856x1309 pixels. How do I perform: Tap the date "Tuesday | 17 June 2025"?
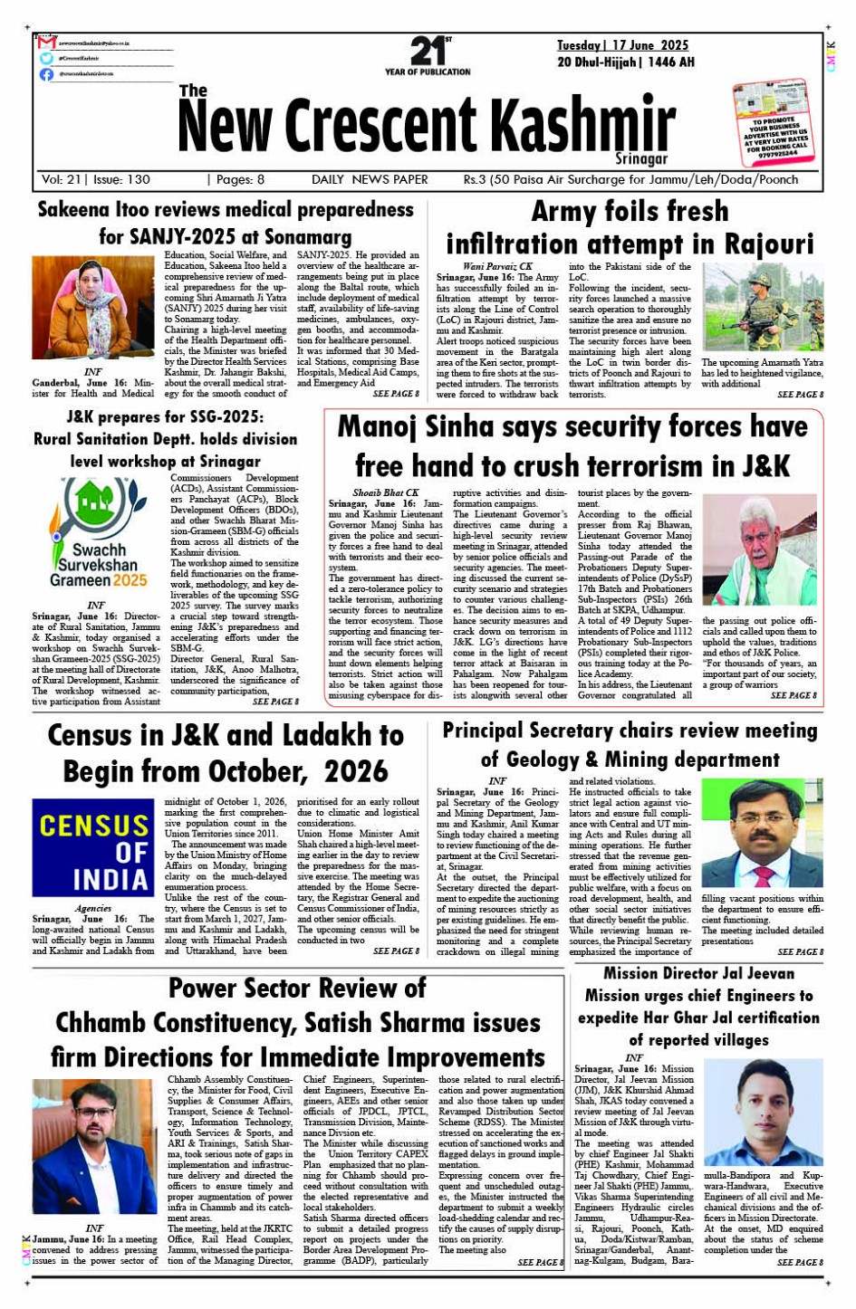[622, 45]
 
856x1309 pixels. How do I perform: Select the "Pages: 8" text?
[236, 179]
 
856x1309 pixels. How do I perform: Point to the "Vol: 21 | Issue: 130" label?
[96, 179]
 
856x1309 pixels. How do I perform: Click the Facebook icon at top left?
[46, 73]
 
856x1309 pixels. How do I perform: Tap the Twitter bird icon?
[46, 58]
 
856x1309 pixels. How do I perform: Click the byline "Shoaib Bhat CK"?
[386, 492]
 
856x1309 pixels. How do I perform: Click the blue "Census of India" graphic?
[93, 846]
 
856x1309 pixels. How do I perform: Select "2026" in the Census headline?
[356, 771]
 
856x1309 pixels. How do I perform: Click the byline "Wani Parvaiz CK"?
[497, 266]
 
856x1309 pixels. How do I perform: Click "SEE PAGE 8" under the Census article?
[396, 951]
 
